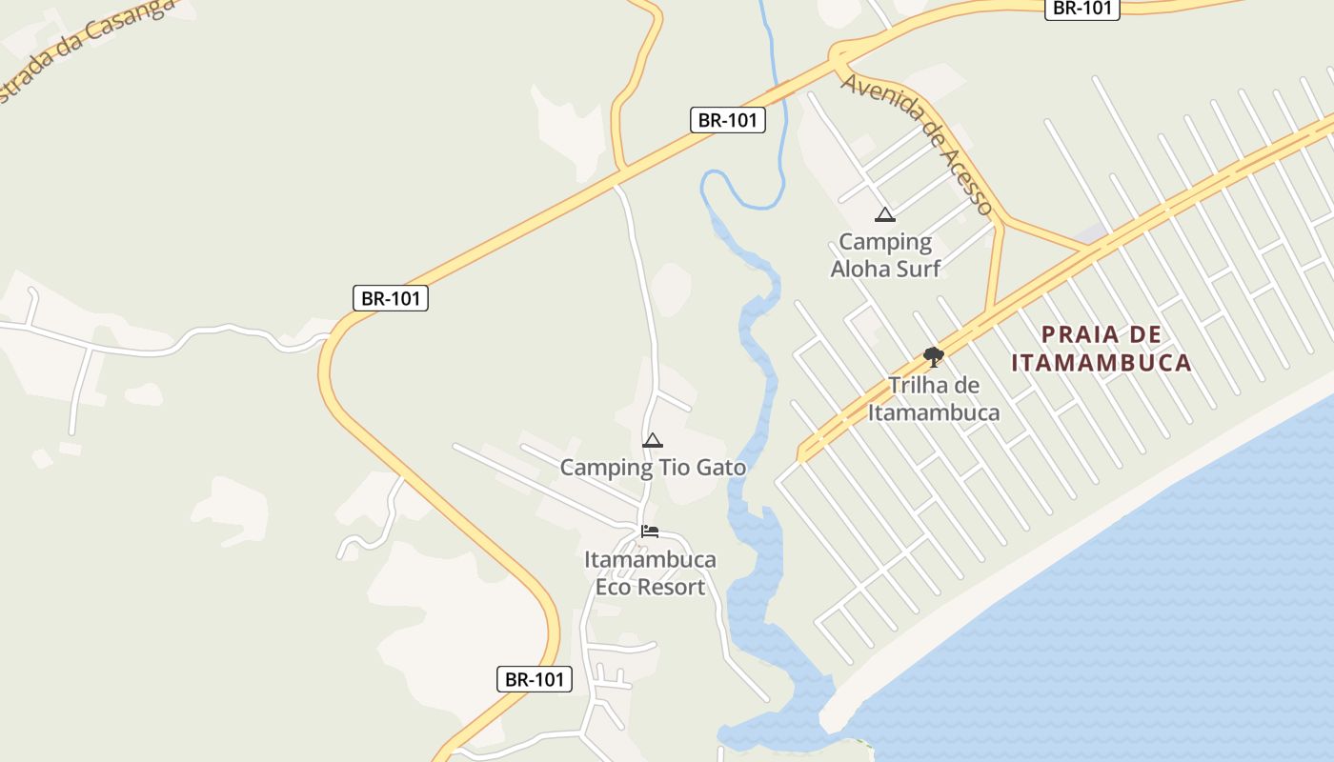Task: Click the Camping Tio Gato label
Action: (x=653, y=468)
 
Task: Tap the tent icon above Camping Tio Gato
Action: (x=653, y=440)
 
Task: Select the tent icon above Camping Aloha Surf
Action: (x=885, y=215)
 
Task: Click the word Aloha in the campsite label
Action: (x=860, y=269)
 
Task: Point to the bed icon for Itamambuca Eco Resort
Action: (x=650, y=531)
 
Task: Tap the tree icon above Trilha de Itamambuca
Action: (x=934, y=357)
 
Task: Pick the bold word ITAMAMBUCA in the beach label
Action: (x=1102, y=363)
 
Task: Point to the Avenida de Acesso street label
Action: (x=917, y=143)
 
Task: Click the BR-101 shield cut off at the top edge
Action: (x=1081, y=8)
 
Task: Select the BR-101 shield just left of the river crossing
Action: (x=728, y=120)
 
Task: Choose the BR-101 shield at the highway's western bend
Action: (x=391, y=298)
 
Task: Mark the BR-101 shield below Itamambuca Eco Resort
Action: (x=535, y=680)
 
